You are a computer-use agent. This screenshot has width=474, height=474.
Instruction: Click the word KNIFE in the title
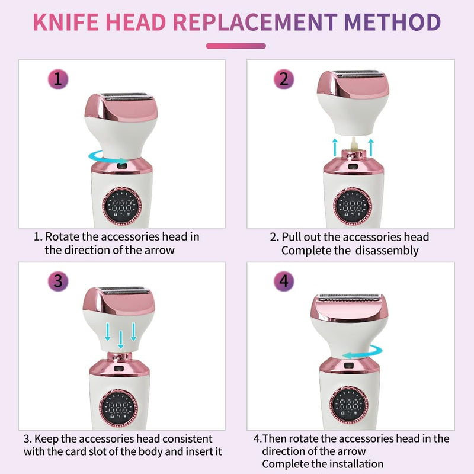click(x=66, y=22)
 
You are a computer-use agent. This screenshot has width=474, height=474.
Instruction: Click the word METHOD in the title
click(x=392, y=22)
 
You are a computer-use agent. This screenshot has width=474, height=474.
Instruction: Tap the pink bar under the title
click(x=236, y=46)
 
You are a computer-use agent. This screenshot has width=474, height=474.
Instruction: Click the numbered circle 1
click(x=58, y=79)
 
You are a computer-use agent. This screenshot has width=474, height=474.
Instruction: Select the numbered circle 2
click(x=284, y=79)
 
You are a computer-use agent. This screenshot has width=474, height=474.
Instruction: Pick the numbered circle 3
click(x=58, y=281)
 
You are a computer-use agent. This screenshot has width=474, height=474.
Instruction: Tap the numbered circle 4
click(x=284, y=281)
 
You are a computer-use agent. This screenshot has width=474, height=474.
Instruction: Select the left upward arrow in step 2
click(x=335, y=147)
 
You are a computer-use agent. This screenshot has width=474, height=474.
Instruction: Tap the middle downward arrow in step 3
click(x=121, y=340)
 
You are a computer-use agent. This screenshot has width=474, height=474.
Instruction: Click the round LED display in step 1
click(x=122, y=206)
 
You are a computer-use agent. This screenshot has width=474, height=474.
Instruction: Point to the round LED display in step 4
click(x=348, y=405)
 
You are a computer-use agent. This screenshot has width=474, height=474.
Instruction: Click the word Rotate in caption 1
click(x=62, y=236)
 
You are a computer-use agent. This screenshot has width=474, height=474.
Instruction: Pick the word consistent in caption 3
click(x=187, y=438)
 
